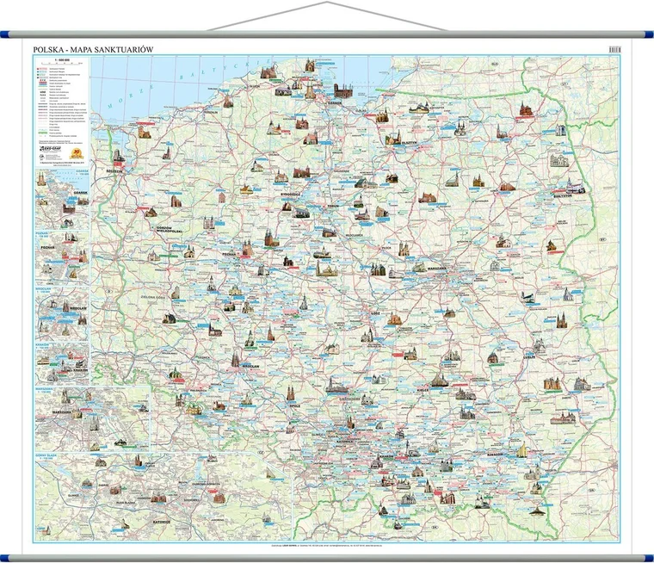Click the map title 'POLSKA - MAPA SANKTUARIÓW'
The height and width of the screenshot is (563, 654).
click(x=92, y=49)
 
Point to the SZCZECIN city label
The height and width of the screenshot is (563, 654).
click(x=113, y=170)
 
